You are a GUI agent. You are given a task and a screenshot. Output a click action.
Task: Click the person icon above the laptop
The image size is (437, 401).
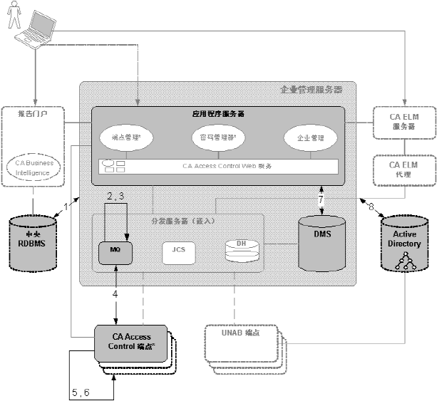tap(13, 14)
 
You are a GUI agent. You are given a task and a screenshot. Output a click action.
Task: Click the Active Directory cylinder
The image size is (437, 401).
tap(403, 242)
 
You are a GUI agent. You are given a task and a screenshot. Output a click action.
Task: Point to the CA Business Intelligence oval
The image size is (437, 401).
tap(34, 167)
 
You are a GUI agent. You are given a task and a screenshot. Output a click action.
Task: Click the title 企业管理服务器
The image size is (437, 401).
tap(312, 90)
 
